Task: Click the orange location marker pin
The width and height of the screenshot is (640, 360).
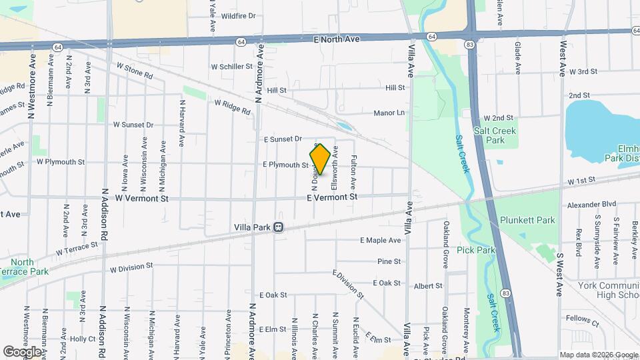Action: point(320,159)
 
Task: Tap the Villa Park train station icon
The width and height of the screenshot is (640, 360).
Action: point(278,227)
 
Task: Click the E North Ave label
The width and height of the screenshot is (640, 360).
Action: point(337,39)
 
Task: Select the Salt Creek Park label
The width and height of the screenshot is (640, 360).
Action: point(495,135)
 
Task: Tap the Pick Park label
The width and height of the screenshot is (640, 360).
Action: point(476,250)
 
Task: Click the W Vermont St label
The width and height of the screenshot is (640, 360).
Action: point(142,198)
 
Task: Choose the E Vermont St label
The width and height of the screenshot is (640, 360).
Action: point(332,197)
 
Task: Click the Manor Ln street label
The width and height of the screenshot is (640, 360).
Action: point(389,113)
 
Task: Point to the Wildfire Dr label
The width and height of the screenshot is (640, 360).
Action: point(238,15)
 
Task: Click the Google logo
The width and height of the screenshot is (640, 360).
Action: point(22,351)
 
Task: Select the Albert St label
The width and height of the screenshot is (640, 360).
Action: point(428,286)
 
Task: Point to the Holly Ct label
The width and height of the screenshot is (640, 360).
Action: point(83,339)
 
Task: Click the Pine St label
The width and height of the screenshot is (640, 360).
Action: point(389,262)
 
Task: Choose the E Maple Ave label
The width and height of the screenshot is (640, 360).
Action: point(381,240)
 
